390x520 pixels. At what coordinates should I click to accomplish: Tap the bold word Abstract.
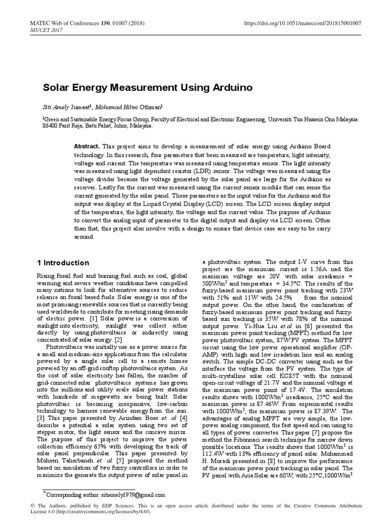[x=86, y=145]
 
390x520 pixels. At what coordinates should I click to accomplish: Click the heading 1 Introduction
[x=63, y=263]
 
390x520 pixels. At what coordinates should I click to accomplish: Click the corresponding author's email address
[x=134, y=495]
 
